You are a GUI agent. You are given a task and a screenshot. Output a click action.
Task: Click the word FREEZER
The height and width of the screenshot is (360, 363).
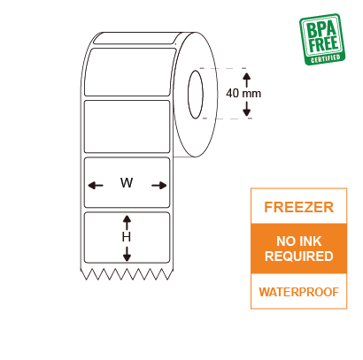(298, 207)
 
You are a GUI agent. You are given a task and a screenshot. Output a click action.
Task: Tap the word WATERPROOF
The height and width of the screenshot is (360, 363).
(298, 292)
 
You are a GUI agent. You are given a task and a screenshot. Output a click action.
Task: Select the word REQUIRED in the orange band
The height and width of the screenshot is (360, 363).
(298, 256)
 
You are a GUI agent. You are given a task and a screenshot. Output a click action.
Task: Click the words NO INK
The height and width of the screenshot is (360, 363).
(298, 241)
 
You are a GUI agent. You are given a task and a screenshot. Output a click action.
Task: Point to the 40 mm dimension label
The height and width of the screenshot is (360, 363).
(243, 94)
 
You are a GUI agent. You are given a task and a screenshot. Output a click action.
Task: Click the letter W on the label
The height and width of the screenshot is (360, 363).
(127, 183)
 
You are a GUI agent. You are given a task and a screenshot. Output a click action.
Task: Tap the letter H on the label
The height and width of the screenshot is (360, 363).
(127, 237)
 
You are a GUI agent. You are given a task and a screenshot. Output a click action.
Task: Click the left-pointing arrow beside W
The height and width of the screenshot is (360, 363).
(96, 186)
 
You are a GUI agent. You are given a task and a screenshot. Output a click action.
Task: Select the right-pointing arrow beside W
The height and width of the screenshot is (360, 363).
(159, 186)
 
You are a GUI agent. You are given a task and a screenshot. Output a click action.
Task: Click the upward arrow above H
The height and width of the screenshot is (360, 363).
(127, 223)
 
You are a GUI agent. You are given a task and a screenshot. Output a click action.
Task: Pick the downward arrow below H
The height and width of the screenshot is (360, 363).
(127, 254)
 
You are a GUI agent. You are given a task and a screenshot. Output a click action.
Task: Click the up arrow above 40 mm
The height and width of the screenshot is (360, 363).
(247, 80)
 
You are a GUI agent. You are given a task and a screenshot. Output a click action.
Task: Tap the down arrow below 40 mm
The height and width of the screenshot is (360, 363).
(247, 109)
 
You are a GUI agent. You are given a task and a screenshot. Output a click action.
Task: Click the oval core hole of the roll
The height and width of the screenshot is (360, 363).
(196, 95)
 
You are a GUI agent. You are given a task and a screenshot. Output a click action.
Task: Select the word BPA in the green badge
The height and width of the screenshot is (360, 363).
(321, 29)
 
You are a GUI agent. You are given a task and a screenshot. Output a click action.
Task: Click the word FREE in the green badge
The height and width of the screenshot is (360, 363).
(324, 44)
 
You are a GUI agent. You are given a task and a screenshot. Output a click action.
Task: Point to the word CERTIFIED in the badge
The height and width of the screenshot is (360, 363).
(326, 58)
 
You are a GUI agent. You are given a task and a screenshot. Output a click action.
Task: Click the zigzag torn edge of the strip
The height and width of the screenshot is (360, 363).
(127, 274)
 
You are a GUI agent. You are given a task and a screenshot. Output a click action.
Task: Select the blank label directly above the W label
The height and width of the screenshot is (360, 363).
(127, 126)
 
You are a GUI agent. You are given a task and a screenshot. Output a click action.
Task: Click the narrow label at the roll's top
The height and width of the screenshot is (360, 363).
(138, 38)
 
